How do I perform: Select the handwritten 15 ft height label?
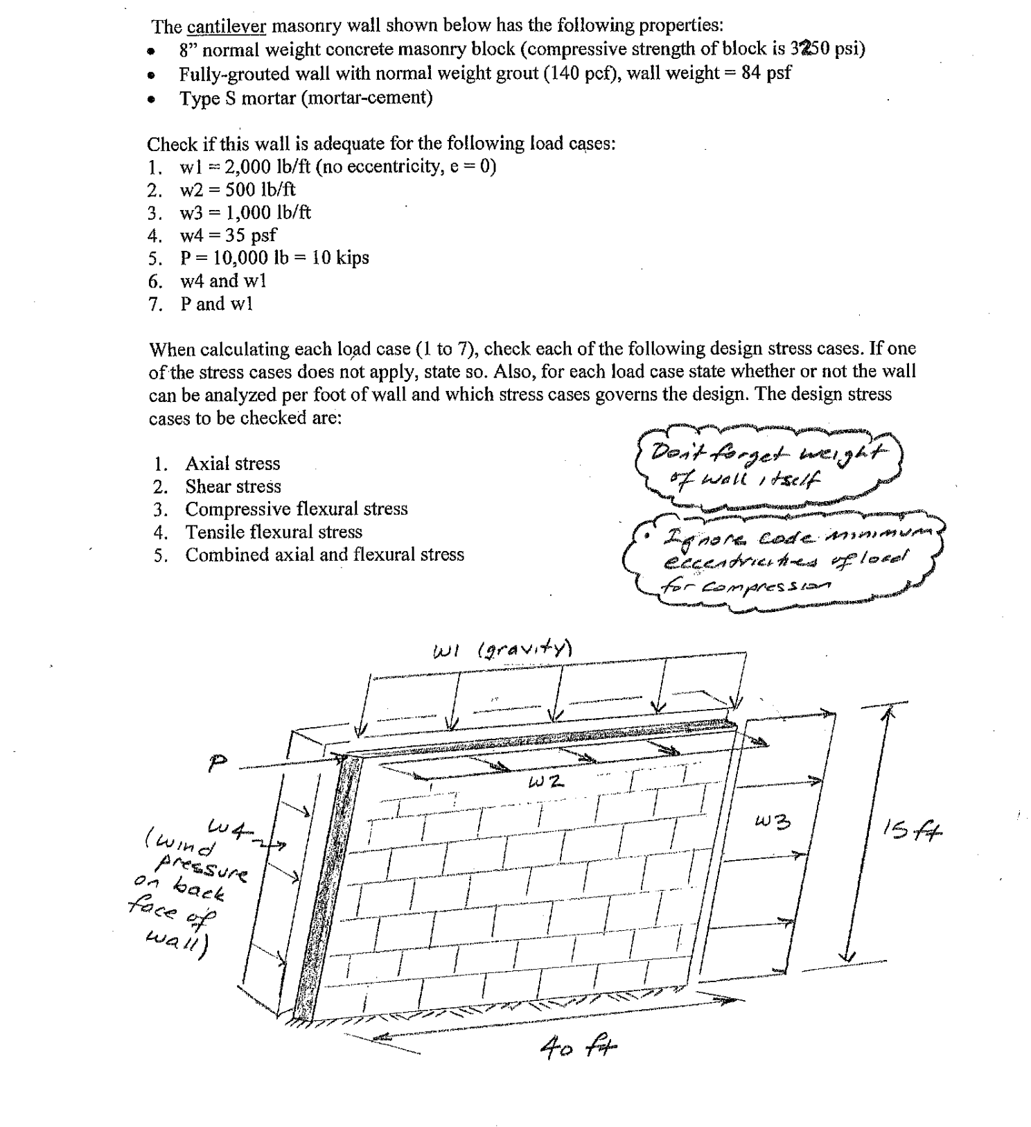click(913, 829)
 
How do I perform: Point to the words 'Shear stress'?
click(233, 487)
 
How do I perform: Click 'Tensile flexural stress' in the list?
click(273, 532)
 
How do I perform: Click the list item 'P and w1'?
click(216, 304)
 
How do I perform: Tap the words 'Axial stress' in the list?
click(232, 464)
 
